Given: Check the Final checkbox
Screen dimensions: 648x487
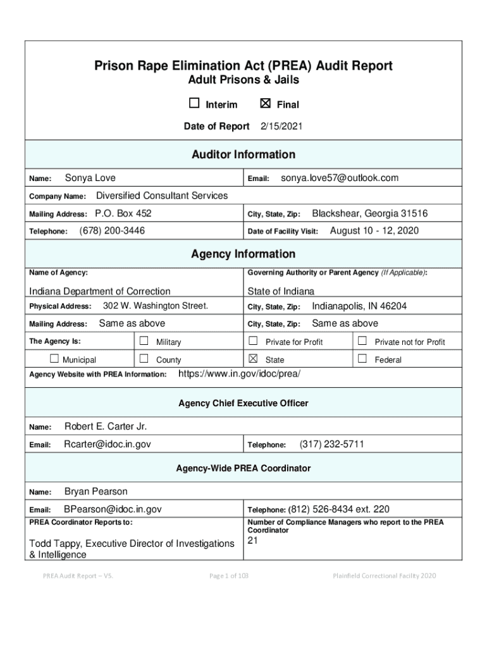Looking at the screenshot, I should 266,104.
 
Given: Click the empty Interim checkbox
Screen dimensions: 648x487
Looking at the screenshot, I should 194,104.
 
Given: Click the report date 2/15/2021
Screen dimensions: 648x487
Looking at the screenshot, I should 281,127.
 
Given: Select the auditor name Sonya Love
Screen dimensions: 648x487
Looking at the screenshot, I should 90,178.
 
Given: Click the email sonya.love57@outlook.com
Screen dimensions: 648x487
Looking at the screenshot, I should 340,178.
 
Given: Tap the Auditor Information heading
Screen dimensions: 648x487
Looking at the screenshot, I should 244,154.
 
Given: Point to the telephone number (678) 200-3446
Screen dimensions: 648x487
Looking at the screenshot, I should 112,231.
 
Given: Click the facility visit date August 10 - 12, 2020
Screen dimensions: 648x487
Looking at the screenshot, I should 374,231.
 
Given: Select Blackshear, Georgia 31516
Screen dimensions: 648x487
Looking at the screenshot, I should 369,213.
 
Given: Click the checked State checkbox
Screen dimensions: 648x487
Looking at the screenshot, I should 253,359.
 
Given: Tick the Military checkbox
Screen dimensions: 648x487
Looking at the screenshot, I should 144,341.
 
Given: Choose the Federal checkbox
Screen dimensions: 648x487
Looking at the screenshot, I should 362,359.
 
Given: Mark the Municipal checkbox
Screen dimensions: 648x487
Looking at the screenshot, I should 54,359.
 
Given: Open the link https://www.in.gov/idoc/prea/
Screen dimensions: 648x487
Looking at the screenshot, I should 240,374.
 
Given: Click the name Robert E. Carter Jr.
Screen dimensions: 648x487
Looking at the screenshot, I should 106,427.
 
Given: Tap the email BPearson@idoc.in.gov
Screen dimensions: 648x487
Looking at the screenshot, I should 113,509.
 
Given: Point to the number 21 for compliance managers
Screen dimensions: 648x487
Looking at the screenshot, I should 253,540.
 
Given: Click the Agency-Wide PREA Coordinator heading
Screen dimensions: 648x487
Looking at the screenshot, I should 244,468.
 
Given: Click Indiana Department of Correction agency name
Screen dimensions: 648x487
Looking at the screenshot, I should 100,291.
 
